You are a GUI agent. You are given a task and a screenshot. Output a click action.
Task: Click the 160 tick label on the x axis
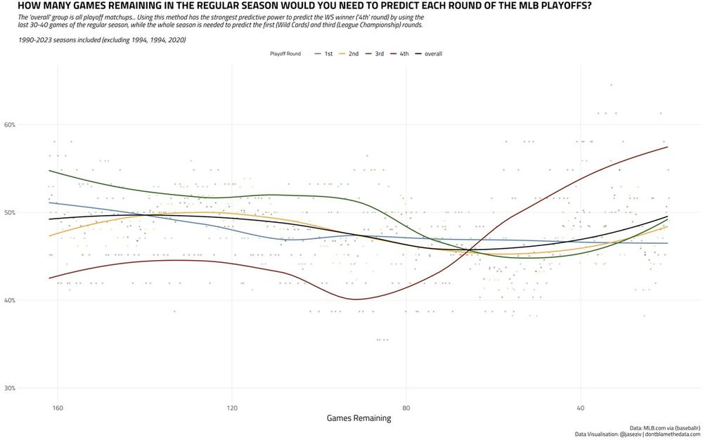pyautogui.click(x=58, y=408)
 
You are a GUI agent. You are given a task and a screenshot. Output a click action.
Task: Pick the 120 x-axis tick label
pyautogui.click(x=232, y=408)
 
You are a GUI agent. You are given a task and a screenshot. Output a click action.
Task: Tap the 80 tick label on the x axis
pyautogui.click(x=406, y=408)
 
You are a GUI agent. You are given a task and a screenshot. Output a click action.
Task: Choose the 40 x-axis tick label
pyautogui.click(x=581, y=408)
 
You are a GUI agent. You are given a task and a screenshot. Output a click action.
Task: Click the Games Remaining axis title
pyautogui.click(x=359, y=418)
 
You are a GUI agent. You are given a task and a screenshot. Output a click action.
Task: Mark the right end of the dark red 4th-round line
pyautogui.click(x=666, y=147)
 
